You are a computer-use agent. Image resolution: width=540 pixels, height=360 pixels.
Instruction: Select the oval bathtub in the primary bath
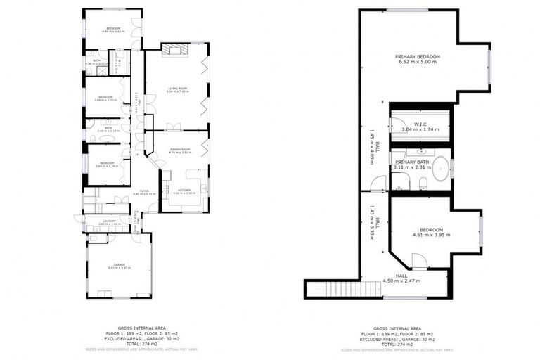click(440, 170)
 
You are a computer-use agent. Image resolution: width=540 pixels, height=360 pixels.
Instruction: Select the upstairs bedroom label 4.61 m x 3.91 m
click(431, 232)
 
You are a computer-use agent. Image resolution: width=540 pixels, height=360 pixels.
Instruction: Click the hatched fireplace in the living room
click(172, 49)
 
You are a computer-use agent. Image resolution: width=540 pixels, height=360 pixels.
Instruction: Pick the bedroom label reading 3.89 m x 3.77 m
click(105, 98)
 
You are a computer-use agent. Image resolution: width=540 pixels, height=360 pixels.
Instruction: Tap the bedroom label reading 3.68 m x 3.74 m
click(105, 164)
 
